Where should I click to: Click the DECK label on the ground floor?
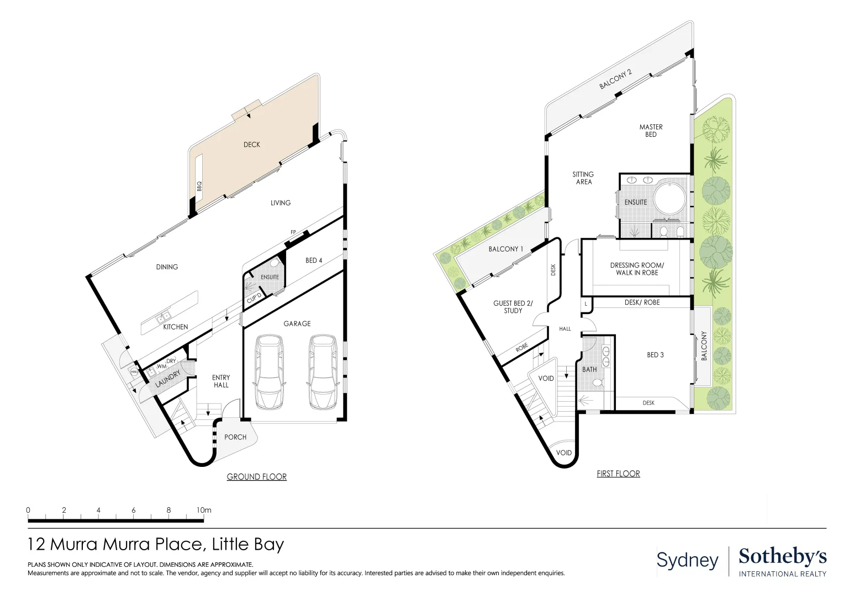[251, 145]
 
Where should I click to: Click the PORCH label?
[235, 437]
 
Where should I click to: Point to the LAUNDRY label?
[167, 379]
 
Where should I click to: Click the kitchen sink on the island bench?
[163, 317]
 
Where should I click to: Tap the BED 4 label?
[314, 260]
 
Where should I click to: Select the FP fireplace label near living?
[293, 232]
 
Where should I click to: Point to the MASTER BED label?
[651, 131]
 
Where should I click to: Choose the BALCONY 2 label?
[615, 79]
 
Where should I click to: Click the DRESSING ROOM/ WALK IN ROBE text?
[637, 269]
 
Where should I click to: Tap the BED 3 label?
[655, 355]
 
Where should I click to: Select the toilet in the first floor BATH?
[597, 382]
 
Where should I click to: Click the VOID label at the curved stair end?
[563, 453]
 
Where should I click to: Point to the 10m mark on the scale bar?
[204, 510]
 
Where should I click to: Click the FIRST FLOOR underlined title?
[618, 473]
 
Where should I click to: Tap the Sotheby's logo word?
[782, 556]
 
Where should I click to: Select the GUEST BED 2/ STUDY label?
[513, 307]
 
